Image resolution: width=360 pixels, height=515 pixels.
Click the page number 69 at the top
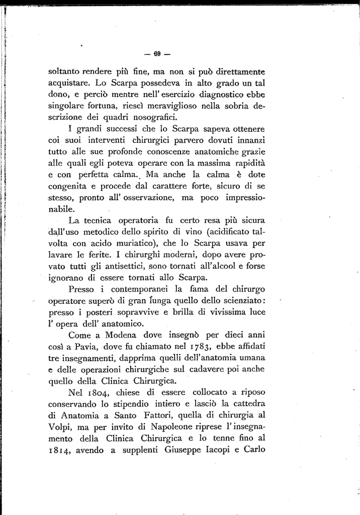pyautogui.click(x=156, y=54)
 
